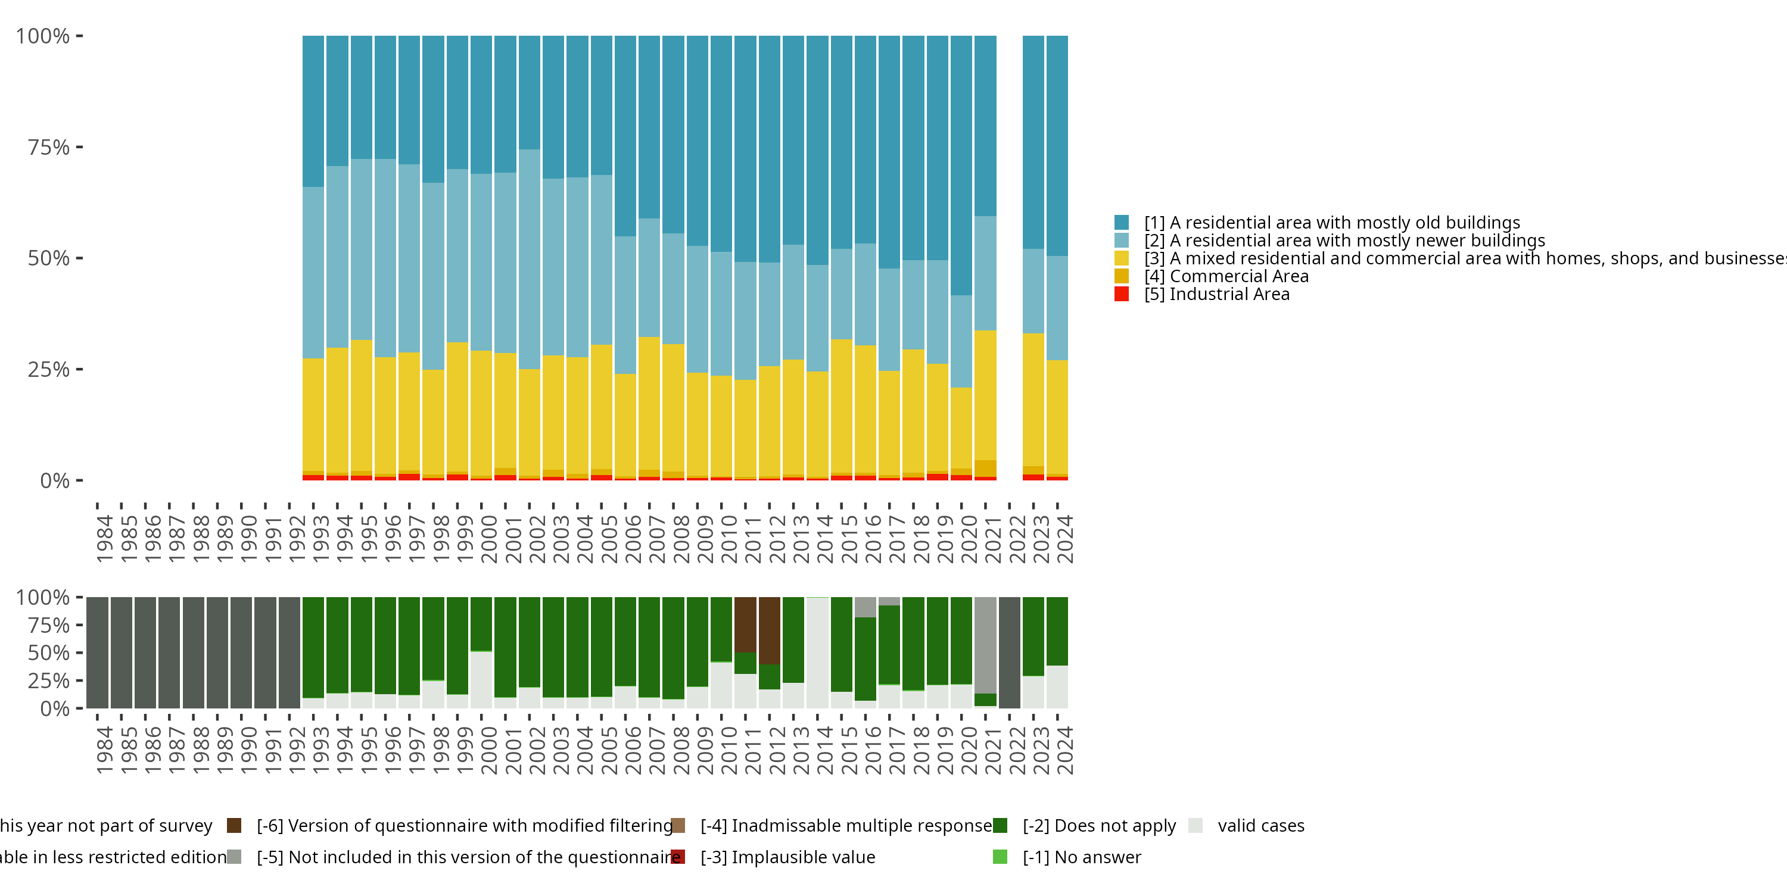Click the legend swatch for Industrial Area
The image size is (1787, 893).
(x=1121, y=294)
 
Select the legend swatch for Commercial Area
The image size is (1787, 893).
(x=1121, y=276)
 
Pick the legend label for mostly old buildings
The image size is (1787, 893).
(x=1332, y=223)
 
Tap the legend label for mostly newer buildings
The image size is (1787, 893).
(x=1344, y=241)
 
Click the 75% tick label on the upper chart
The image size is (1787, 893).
(x=49, y=147)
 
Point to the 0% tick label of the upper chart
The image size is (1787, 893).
(x=55, y=480)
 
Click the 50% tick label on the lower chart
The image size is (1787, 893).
(x=49, y=652)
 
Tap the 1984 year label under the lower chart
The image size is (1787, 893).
(x=105, y=750)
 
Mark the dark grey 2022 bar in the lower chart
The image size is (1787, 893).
(x=1009, y=652)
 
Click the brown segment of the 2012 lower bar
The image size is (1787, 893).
(x=770, y=629)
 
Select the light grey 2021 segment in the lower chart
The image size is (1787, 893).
(x=985, y=645)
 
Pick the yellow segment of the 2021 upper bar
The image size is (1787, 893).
(x=985, y=395)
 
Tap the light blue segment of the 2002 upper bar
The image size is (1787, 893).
(x=530, y=258)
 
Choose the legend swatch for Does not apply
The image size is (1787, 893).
(x=1000, y=825)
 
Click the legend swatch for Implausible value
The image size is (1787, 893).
(x=678, y=857)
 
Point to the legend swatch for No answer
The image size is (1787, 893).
(x=1000, y=857)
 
